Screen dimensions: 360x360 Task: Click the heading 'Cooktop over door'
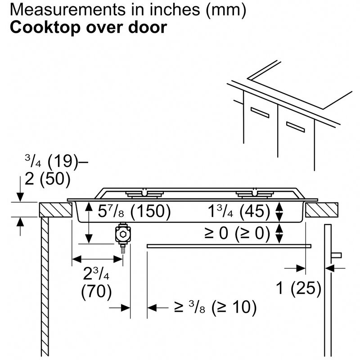88,28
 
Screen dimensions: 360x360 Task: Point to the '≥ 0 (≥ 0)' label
237,233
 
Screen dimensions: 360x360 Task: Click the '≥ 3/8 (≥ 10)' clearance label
215,307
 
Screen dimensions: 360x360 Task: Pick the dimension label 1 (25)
298,288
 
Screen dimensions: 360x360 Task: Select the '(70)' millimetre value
96,292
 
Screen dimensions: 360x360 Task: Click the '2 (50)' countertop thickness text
48,179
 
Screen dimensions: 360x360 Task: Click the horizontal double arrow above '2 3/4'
98,259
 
